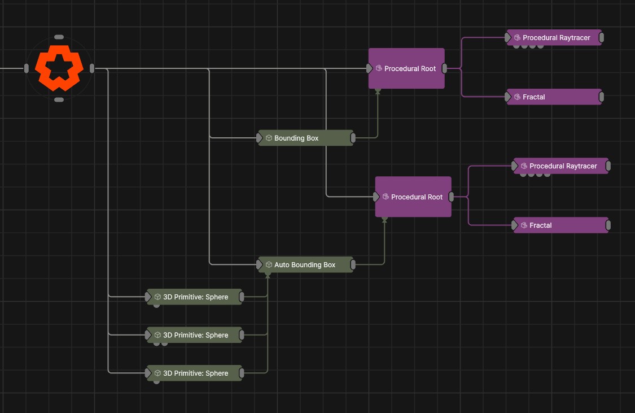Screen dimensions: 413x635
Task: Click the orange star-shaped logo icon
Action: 59,68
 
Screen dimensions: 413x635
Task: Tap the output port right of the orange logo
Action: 92,68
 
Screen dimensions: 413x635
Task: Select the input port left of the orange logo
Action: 26,68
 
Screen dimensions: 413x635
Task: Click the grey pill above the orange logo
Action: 59,37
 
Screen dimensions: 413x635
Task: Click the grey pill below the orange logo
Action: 59,100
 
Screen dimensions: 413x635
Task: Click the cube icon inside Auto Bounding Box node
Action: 269,264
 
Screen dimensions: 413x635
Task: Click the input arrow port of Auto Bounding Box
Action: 260,264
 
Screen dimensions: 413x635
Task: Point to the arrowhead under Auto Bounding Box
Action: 268,275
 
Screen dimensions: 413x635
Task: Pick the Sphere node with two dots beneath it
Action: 195,335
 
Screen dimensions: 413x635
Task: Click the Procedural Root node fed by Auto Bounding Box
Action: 413,197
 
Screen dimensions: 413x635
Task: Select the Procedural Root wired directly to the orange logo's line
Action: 406,68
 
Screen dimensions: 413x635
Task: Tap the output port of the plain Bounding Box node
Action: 353,138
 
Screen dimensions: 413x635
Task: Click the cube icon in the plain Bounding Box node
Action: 269,138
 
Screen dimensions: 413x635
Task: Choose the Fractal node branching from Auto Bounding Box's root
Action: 560,225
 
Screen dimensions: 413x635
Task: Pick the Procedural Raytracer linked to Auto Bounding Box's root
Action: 560,166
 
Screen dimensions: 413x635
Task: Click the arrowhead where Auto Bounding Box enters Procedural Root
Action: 384,220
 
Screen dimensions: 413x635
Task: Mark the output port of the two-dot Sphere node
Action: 242,335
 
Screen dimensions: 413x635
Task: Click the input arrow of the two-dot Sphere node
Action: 148,335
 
